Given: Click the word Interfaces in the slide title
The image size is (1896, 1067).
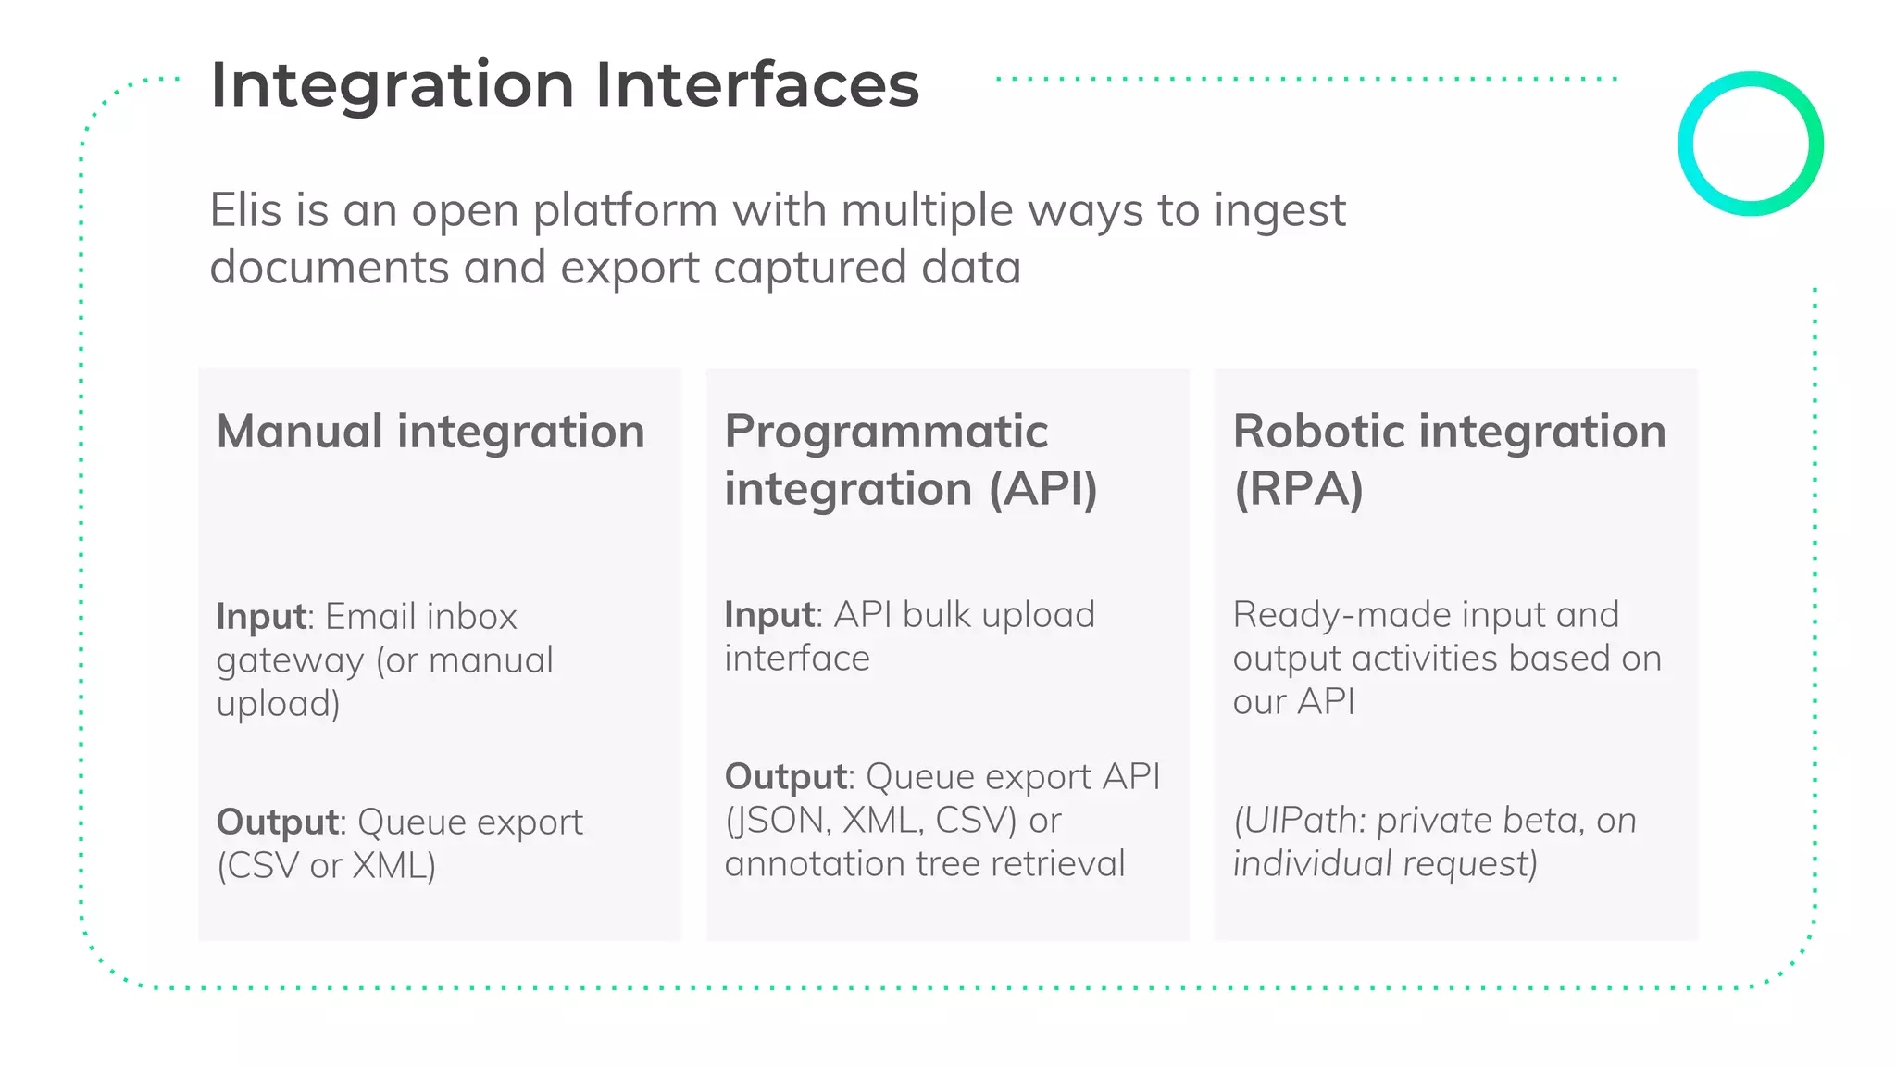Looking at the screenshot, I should [x=756, y=85].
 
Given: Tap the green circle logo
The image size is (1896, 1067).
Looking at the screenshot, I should [x=1750, y=144].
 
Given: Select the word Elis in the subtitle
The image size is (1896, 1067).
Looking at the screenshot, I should [x=244, y=210].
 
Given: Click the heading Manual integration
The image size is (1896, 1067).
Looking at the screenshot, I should [x=430, y=432].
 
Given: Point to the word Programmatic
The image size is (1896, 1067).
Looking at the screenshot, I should [x=885, y=432].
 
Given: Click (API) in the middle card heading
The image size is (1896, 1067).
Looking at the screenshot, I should [x=1042, y=489].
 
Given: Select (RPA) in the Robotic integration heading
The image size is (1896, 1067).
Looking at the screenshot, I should [x=1298, y=489].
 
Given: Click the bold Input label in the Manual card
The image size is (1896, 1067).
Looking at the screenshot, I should [x=260, y=617].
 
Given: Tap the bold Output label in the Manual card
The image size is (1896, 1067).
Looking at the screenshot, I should [x=277, y=822].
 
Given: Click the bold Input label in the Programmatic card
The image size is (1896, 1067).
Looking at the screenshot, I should [x=768, y=615].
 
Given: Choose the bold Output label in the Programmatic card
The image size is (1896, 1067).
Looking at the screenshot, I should [x=785, y=777].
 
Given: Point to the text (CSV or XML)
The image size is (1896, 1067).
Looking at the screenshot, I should [x=326, y=866].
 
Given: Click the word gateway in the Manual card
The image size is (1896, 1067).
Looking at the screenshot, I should [x=290, y=661].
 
